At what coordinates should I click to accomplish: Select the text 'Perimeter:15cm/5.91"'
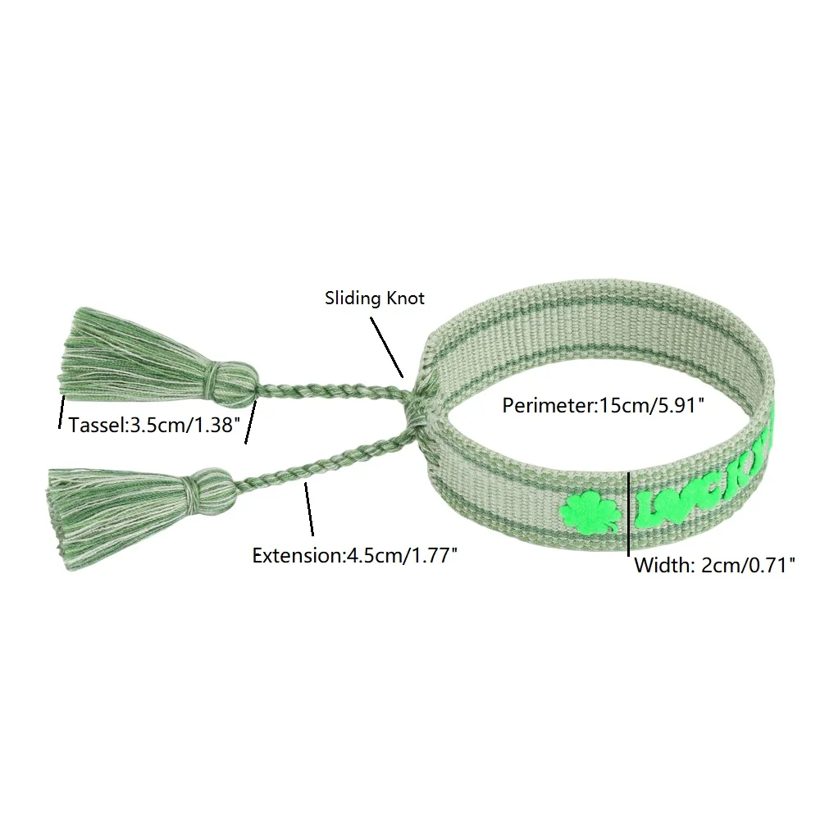603,404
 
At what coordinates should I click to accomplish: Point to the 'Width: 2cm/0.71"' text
715,565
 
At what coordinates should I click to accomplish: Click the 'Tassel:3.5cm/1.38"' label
153,426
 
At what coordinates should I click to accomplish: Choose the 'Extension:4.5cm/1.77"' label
354,555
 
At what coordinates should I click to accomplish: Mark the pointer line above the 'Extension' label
310,509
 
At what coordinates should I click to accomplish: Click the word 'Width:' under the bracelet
663,565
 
